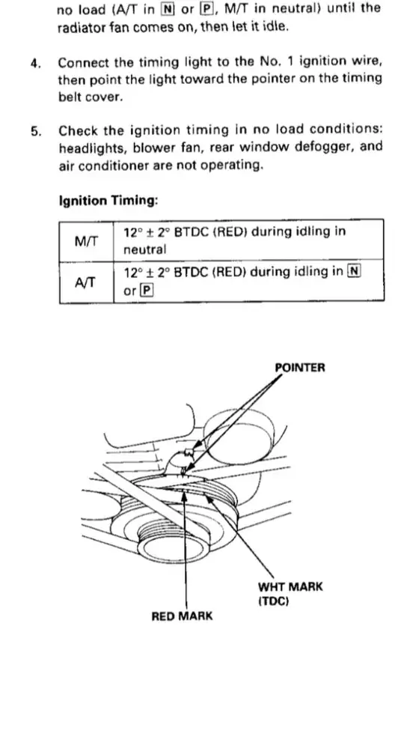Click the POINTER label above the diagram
coord(300,367)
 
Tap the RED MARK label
coord(182,616)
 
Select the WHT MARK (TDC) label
coord(290,593)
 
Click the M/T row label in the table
coord(86,241)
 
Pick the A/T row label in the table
coord(85,282)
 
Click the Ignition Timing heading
coord(108,201)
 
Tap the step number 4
coord(35,63)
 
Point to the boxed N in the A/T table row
coord(354,272)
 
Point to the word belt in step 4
coord(68,97)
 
